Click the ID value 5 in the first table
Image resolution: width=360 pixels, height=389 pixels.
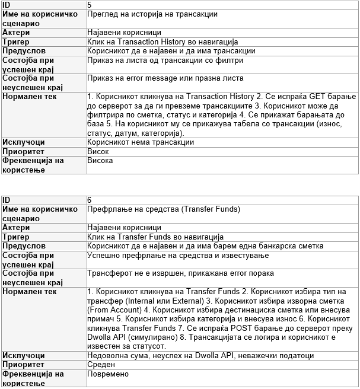coord(90,4)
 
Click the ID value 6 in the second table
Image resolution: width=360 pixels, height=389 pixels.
coord(90,200)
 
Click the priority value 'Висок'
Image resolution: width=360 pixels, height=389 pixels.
coord(98,151)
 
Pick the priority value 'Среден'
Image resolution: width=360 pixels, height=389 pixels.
coord(100,365)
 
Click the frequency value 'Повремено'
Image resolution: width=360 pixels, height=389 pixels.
coord(107,374)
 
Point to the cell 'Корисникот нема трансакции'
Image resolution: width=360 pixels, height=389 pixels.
coord(140,142)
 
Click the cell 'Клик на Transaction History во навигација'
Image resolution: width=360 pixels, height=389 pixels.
coord(162,42)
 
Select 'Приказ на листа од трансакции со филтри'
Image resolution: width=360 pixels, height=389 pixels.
coord(160,60)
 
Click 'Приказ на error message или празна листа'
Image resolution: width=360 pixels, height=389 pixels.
coord(165,78)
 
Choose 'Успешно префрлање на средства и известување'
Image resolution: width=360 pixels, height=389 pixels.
coord(178,256)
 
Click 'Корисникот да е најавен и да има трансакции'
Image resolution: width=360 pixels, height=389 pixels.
coord(171,51)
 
